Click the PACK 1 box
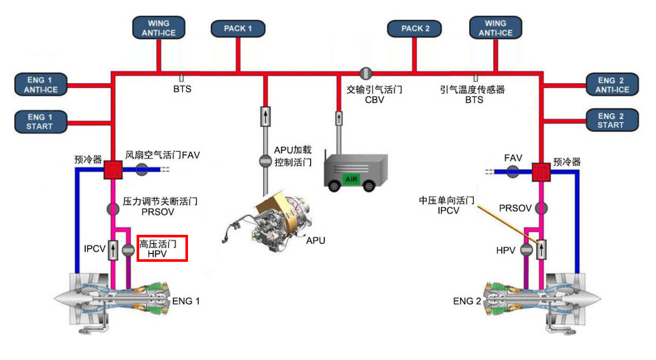237,29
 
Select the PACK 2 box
416,29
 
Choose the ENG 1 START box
40,121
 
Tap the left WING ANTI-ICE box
158,28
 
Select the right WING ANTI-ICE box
495,28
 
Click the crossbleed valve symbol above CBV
365,73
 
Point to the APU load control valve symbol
265,161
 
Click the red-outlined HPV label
162,248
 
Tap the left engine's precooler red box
112,170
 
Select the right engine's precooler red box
541,171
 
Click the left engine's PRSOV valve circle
113,209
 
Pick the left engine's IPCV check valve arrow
113,251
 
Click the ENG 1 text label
185,301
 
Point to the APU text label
315,241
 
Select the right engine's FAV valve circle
512,171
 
